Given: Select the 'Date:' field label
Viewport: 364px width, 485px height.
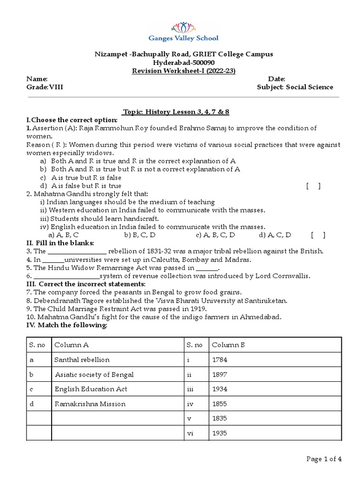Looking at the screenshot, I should click(x=276, y=79).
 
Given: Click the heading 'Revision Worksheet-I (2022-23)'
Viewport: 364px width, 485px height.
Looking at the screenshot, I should click(x=183, y=71).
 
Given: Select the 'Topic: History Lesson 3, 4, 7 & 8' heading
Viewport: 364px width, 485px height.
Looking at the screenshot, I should click(x=176, y=112).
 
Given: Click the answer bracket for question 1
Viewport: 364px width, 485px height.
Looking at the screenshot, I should click(x=313, y=186).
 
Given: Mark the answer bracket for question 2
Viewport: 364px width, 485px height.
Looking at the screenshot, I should click(x=318, y=235).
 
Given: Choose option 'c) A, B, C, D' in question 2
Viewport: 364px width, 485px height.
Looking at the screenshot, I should click(x=215, y=235).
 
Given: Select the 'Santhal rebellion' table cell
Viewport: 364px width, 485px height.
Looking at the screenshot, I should click(x=82, y=360).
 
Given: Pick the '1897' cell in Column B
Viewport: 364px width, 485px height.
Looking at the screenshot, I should click(x=220, y=375).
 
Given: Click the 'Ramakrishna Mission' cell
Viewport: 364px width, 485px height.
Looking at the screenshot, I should click(x=90, y=404).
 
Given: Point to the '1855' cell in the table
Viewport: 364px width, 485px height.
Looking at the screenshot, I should click(x=220, y=404).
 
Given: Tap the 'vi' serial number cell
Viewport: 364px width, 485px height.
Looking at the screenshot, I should click(x=190, y=433).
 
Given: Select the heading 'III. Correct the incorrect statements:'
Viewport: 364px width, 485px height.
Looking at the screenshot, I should click(x=86, y=284).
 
